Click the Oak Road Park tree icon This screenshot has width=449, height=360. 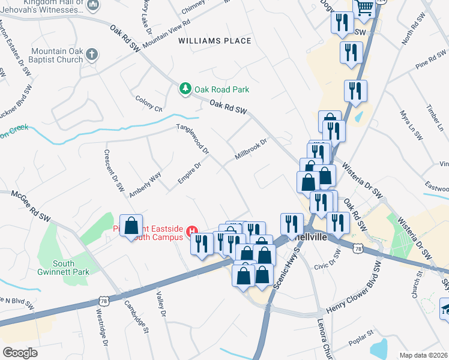pos(186,89)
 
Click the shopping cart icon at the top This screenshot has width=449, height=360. pos(364,7)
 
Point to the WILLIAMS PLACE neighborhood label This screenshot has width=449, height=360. pos(214,41)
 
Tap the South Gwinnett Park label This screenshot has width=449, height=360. pos(64,268)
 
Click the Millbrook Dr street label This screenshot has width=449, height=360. pos(250,148)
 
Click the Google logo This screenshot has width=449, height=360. pos(20,352)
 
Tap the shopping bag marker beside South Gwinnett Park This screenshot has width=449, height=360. pos(131,226)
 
